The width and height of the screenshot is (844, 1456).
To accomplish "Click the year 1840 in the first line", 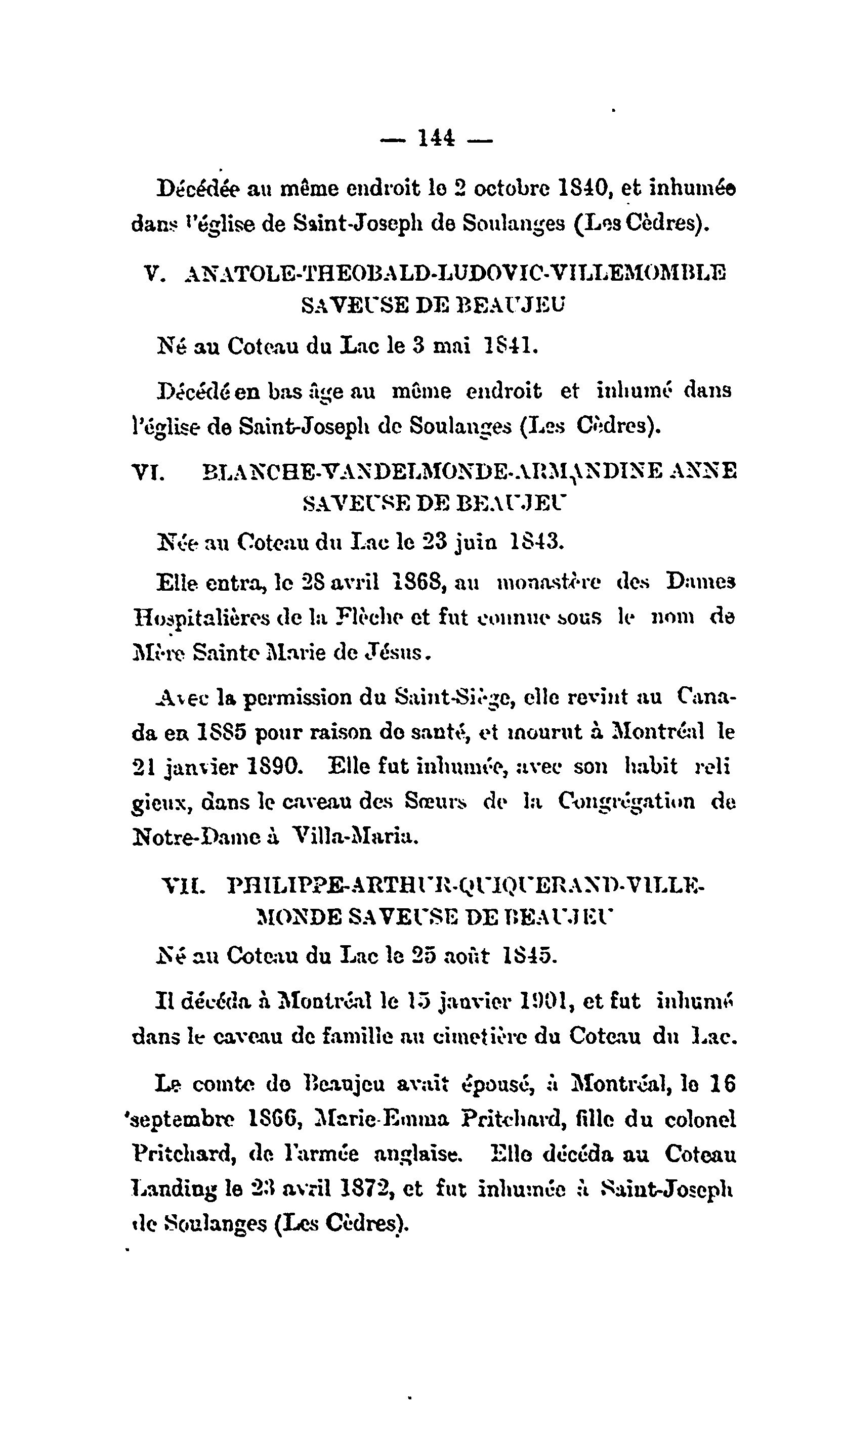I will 588,188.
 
